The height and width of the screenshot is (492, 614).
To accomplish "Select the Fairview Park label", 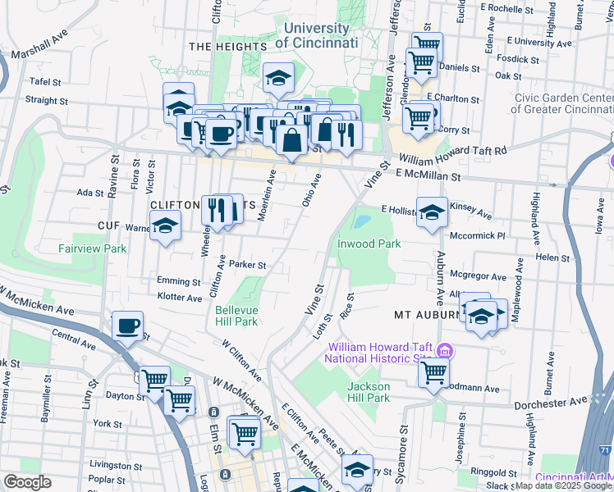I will [92, 248].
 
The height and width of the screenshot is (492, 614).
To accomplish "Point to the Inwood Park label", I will [369, 244].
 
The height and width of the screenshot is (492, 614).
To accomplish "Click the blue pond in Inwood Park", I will [360, 221].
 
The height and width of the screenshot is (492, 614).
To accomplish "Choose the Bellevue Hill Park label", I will [236, 317].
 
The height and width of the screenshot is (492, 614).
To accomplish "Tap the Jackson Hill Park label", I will [368, 392].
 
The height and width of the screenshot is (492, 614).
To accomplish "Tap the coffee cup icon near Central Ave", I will [128, 326].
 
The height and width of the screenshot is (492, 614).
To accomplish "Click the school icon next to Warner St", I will [166, 226].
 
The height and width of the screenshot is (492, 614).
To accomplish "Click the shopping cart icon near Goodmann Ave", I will [433, 372].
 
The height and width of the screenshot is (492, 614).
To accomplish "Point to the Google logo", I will [27, 481].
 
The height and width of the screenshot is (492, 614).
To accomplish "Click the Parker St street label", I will [248, 265].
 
